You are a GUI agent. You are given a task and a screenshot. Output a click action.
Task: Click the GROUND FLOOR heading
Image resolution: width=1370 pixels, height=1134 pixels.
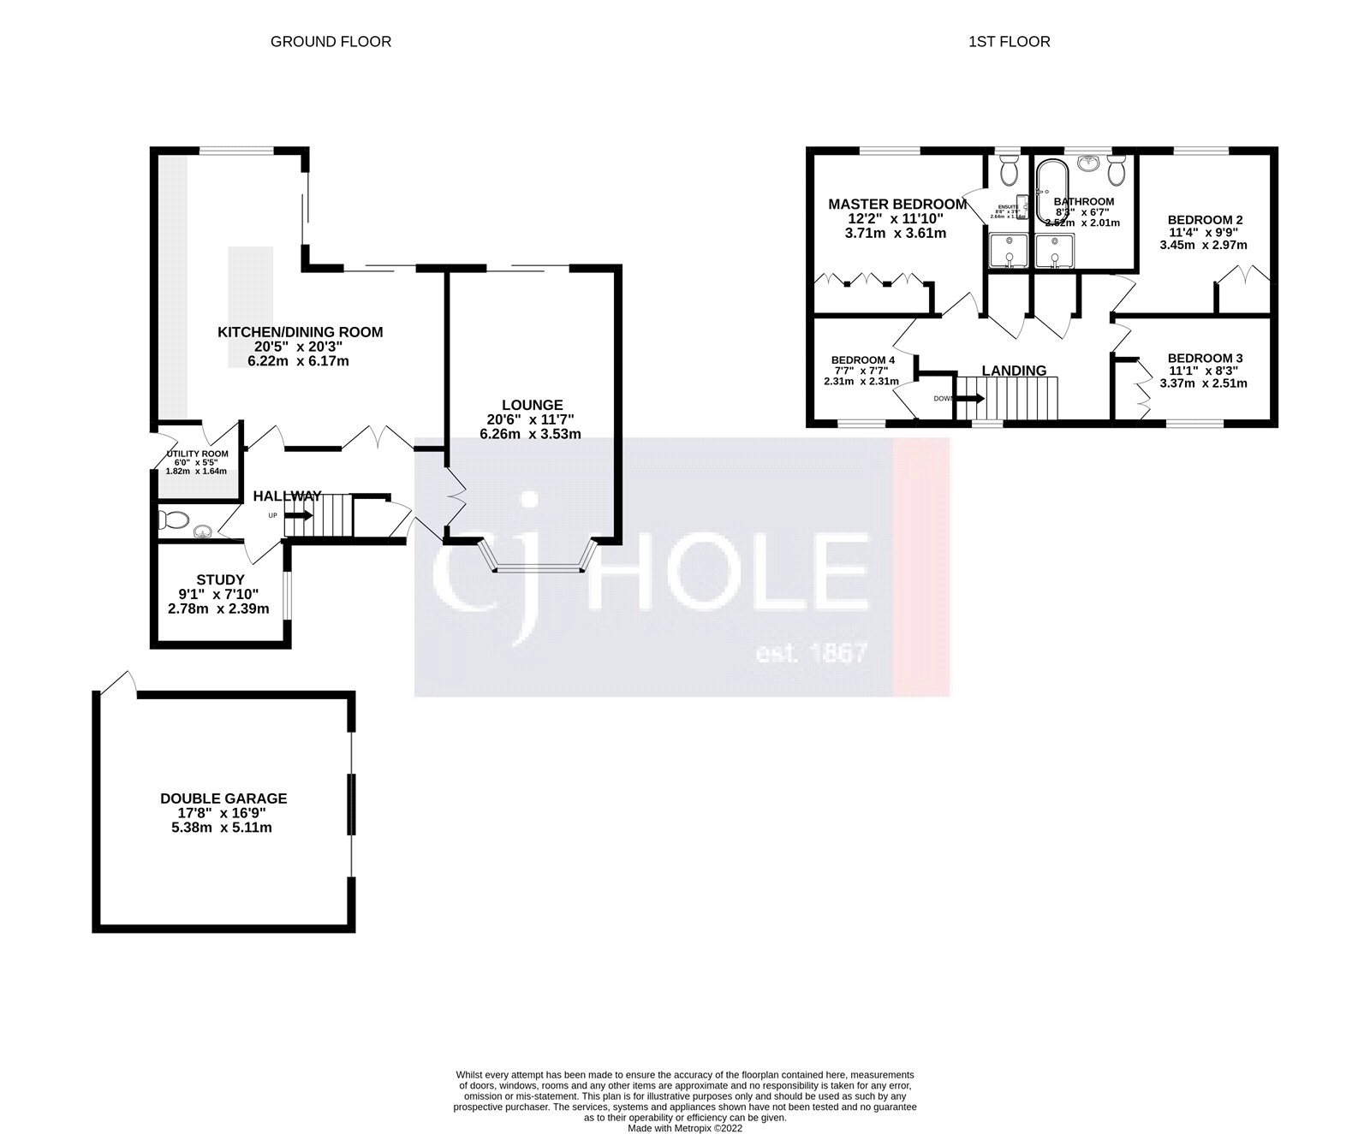pyautogui.click(x=331, y=41)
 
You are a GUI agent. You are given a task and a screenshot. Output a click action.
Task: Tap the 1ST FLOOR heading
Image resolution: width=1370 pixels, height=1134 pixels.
pyautogui.click(x=1009, y=41)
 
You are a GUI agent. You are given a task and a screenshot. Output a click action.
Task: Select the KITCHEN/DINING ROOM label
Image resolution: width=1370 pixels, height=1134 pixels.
pyautogui.click(x=300, y=332)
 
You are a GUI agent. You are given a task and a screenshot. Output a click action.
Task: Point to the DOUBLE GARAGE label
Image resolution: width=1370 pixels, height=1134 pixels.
pyautogui.click(x=223, y=799)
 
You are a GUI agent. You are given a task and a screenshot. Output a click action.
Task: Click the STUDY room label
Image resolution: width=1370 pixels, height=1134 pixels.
pyautogui.click(x=220, y=579)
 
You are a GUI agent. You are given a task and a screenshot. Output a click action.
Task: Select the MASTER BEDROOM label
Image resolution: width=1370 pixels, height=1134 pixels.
pyautogui.click(x=896, y=204)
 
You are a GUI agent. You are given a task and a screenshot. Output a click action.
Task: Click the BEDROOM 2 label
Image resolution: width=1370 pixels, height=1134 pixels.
pyautogui.click(x=1205, y=220)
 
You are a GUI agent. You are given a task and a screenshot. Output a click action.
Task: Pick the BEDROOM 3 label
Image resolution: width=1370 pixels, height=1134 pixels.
pyautogui.click(x=1205, y=358)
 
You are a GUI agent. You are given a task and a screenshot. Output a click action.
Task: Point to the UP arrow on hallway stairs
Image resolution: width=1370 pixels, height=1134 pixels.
pyautogui.click(x=299, y=515)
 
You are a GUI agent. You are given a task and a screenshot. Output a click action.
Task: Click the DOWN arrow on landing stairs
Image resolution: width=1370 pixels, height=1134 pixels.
pyautogui.click(x=970, y=398)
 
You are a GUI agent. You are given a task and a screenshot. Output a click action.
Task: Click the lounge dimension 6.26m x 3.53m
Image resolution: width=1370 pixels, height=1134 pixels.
pyautogui.click(x=531, y=434)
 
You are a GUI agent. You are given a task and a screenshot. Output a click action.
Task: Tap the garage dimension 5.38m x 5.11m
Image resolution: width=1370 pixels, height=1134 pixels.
pyautogui.click(x=223, y=828)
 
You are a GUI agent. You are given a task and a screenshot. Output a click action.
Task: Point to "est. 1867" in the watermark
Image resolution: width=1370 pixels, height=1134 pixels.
pyautogui.click(x=811, y=655)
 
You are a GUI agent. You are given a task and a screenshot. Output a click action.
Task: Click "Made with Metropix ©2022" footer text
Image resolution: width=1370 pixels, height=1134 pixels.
pyautogui.click(x=685, y=1128)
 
